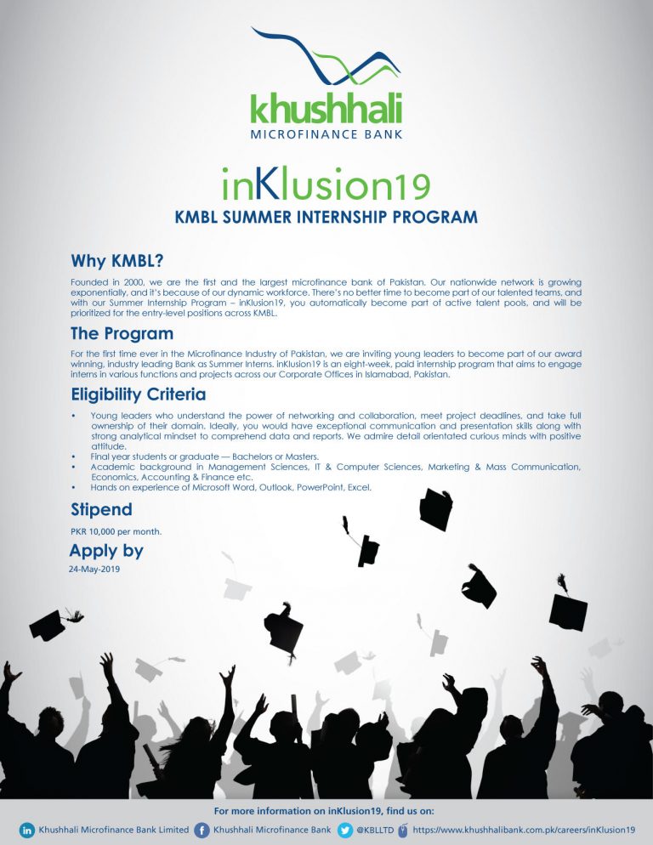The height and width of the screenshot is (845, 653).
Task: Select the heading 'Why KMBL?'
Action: [116, 259]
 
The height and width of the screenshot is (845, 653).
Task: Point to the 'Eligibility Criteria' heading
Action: [137, 395]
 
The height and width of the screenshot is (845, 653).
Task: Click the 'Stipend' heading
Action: [100, 510]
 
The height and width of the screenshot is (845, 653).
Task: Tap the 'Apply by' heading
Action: [106, 551]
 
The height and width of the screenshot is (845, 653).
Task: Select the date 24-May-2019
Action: [94, 570]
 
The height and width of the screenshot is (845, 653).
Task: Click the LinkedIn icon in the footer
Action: [27, 830]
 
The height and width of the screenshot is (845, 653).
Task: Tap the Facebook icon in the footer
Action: [202, 830]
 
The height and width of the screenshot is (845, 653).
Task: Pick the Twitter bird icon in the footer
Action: [344, 830]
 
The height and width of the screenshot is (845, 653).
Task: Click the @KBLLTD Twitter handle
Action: [375, 830]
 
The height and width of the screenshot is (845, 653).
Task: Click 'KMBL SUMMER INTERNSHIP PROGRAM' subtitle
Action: [326, 217]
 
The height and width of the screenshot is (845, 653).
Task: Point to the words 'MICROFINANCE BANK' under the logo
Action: [326, 134]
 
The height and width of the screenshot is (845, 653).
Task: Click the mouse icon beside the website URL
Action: [402, 830]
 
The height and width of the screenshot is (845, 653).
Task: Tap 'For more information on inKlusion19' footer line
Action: [326, 812]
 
